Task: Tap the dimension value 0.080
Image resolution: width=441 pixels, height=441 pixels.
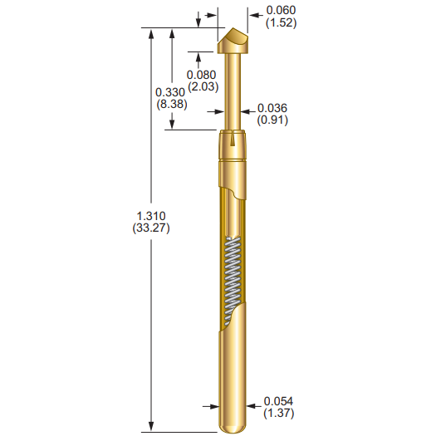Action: (201, 74)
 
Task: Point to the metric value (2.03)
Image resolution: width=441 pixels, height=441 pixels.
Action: (201, 86)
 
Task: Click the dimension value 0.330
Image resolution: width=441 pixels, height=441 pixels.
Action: (171, 92)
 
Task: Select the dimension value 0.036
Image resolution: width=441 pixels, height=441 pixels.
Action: (272, 108)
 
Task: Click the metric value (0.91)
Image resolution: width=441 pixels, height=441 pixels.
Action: (272, 120)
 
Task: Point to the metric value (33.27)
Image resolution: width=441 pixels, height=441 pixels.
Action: (150, 228)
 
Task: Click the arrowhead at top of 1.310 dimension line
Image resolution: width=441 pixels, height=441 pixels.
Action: (150, 32)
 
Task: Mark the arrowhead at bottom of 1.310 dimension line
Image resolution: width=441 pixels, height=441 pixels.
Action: (150, 427)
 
